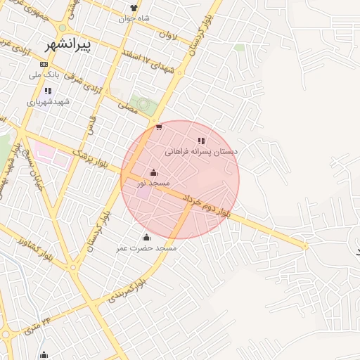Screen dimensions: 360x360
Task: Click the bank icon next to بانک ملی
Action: pyautogui.click(x=44, y=64)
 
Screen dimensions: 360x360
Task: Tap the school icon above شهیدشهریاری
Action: pyautogui.click(x=47, y=91)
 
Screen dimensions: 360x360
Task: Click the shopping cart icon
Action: pyautogui.click(x=160, y=127)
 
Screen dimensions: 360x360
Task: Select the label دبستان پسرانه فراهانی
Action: pyautogui.click(x=202, y=151)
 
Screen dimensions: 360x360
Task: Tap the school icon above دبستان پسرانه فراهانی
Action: pyautogui.click(x=202, y=141)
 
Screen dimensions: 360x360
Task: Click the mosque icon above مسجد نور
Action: pyautogui.click(x=154, y=173)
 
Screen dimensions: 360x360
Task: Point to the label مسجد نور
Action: pyautogui.click(x=154, y=184)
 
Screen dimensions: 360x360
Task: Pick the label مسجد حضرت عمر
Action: pyautogui.click(x=147, y=248)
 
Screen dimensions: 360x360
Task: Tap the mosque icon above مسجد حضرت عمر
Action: pyautogui.click(x=146, y=237)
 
